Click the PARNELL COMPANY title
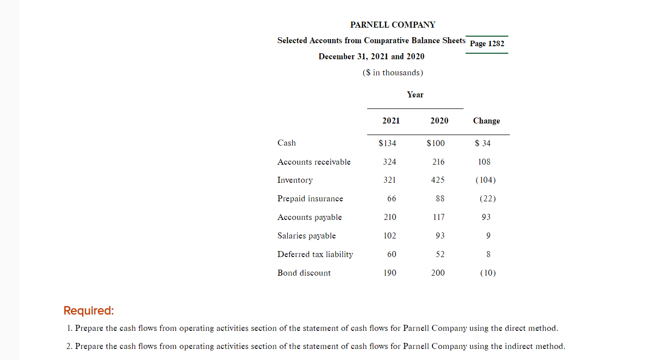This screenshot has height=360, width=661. pyautogui.click(x=393, y=25)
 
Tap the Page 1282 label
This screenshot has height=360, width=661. pyautogui.click(x=487, y=44)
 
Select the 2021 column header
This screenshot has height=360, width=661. pyautogui.click(x=391, y=121)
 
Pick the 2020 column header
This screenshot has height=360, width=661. pyautogui.click(x=439, y=121)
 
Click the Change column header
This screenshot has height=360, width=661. pyautogui.click(x=486, y=121)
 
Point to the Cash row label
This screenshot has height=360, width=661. pyautogui.click(x=286, y=143)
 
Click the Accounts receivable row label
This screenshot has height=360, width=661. pyautogui.click(x=314, y=162)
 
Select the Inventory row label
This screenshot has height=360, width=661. pyautogui.click(x=295, y=180)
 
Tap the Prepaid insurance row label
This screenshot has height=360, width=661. pyautogui.click(x=310, y=199)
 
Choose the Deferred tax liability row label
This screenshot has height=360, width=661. pyautogui.click(x=315, y=255)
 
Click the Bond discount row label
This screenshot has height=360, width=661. pyautogui.click(x=304, y=273)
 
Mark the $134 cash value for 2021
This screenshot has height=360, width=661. pyautogui.click(x=387, y=143)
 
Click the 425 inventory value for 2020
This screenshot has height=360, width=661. pyautogui.click(x=438, y=180)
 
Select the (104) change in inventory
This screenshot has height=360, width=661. pyautogui.click(x=485, y=180)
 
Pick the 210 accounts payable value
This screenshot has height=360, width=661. pyautogui.click(x=390, y=217)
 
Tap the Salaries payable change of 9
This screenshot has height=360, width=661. pyautogui.click(x=489, y=236)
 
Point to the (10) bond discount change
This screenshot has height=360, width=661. pyautogui.click(x=487, y=273)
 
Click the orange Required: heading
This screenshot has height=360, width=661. pyautogui.click(x=89, y=311)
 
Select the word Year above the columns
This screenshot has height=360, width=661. pyautogui.click(x=415, y=95)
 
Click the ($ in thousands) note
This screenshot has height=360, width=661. pyautogui.click(x=393, y=73)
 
